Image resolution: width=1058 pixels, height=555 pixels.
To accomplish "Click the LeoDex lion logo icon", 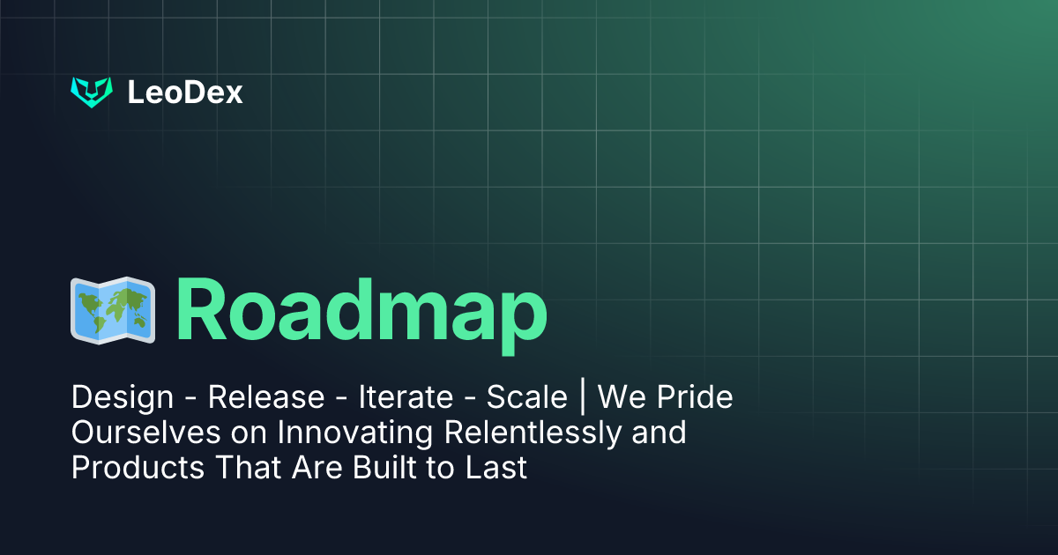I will click(92, 92).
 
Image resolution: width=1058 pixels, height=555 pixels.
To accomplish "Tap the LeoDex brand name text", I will click(185, 92).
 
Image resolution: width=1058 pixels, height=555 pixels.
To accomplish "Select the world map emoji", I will click(113, 312).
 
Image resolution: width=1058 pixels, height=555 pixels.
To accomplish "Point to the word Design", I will click(123, 398).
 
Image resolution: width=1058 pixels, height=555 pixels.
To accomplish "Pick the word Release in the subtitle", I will click(266, 398).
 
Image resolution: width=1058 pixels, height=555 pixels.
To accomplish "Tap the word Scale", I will click(526, 398).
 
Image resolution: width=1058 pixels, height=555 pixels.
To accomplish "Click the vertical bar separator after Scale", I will click(583, 398).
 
